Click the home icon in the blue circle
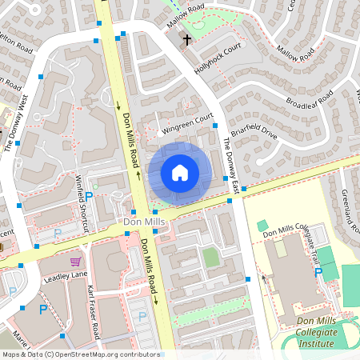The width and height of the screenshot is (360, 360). (180, 172)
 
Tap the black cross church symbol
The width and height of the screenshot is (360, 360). (187, 39)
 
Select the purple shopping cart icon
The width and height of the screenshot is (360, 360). (75, 262)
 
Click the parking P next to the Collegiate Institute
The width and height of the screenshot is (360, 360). (318, 273)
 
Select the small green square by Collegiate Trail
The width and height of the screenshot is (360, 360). (262, 226)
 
